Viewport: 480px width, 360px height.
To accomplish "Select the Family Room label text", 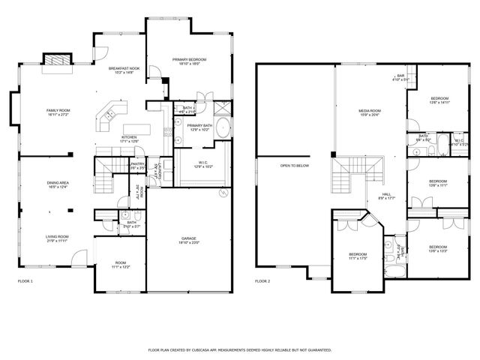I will (58, 112).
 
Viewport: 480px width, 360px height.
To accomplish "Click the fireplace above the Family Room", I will (55, 61).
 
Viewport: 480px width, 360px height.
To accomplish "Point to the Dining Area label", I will (58, 184).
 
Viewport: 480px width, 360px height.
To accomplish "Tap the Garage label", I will (188, 240).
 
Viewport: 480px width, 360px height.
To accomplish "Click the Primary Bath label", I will (199, 127).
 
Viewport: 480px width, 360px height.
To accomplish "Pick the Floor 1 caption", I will (25, 281).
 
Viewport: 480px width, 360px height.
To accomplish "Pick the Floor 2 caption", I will (262, 281).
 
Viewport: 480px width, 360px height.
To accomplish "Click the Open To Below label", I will (295, 165).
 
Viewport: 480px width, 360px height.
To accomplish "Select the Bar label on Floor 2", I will (400, 76).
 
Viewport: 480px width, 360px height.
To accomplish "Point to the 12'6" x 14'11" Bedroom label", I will (439, 100).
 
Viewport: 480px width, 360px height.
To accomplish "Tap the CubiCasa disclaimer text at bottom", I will (240, 350).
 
